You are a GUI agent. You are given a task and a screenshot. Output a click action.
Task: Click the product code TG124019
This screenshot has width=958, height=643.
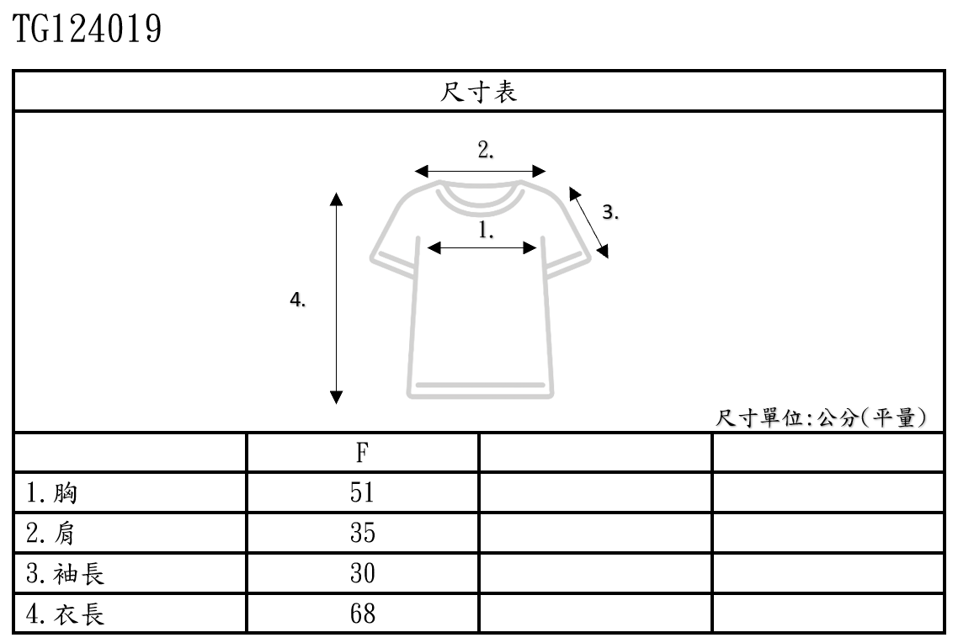(88, 30)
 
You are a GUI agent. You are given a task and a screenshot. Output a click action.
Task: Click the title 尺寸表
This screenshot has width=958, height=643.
(479, 92)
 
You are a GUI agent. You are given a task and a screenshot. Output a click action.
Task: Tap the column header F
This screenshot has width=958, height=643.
(362, 454)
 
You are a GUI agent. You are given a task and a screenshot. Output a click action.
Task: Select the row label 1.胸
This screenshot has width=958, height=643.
(52, 493)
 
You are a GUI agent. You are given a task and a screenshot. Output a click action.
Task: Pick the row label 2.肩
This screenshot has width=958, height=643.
(52, 534)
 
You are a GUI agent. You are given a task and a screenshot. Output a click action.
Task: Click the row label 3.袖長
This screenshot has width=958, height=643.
(66, 575)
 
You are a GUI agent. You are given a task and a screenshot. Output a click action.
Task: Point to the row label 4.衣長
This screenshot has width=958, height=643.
(66, 615)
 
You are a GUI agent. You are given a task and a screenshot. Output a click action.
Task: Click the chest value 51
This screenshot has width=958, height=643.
(362, 493)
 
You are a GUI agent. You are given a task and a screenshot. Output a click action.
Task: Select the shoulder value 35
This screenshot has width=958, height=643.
(362, 534)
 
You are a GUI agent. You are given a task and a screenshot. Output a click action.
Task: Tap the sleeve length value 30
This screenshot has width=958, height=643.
(362, 575)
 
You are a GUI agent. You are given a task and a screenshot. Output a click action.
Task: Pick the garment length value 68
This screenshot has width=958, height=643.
(362, 615)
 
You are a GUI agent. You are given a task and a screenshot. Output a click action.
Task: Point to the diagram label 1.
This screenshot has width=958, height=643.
(487, 229)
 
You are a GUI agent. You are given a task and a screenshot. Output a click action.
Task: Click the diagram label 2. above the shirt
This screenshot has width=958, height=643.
(486, 151)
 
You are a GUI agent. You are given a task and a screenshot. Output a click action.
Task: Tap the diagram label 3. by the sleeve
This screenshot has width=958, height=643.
(612, 213)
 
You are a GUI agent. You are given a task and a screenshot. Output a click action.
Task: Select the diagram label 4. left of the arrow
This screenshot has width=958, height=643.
(297, 300)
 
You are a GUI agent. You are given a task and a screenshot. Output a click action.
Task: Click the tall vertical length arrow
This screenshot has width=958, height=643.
(337, 299)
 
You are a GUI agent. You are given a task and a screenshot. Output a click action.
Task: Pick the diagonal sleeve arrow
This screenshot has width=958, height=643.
(589, 222)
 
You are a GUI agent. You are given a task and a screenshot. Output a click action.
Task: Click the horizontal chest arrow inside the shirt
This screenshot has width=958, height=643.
(482, 247)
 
